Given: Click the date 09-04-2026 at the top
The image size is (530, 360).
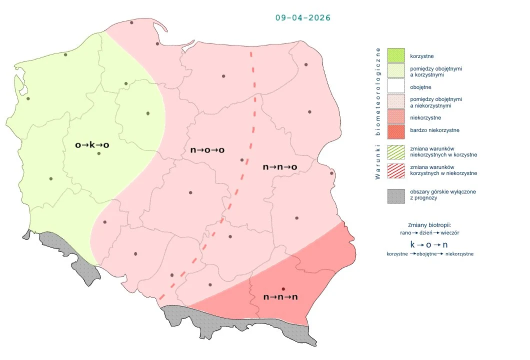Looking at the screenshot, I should point(303,17).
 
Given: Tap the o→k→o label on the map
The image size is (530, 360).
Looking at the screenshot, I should point(92,145).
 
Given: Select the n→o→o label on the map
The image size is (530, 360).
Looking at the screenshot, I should point(207,150).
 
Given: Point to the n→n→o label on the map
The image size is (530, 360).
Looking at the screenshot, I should point(280,167).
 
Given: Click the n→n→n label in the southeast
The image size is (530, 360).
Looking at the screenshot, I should point(280,297).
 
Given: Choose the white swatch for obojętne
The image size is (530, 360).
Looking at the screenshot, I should point(395,87).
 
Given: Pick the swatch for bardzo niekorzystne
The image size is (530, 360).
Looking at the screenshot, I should point(395,130).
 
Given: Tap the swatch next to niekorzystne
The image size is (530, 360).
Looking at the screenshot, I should point(395,118).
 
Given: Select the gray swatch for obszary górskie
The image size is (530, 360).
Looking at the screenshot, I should point(395,195).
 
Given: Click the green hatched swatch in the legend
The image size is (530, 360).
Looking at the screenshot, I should point(395,151).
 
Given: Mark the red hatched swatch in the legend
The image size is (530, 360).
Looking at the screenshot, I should point(395,170).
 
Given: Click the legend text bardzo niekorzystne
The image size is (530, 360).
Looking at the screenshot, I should point(434,130).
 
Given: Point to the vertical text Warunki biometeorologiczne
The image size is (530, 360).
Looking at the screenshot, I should point(378,113).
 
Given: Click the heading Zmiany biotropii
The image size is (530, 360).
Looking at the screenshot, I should point(429,224).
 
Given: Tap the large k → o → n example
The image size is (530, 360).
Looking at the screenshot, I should point(429,245).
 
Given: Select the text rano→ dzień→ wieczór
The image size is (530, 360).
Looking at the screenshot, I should point(429,232).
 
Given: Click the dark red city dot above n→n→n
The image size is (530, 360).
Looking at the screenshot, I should point(283,289).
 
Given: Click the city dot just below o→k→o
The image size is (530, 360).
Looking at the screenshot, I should point(98,153).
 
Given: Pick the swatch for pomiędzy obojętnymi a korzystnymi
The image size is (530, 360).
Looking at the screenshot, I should point(395,71).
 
